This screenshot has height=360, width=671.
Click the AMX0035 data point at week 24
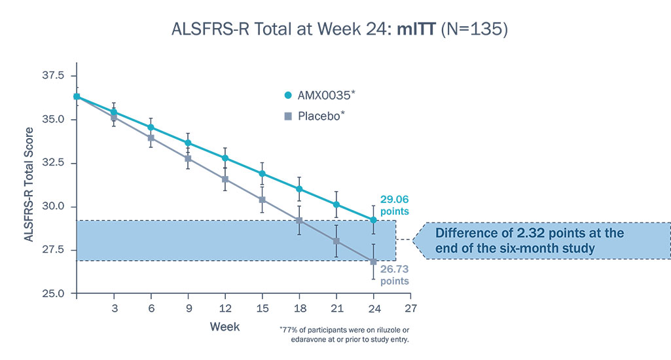[374, 220]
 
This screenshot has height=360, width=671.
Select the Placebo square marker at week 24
[374, 261]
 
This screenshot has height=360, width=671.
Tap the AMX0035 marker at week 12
[225, 158]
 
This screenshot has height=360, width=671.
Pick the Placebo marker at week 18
[299, 221]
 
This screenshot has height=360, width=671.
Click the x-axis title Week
[225, 326]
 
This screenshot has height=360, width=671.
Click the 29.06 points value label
[394, 204]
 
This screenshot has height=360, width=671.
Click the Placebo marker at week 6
[151, 137]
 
